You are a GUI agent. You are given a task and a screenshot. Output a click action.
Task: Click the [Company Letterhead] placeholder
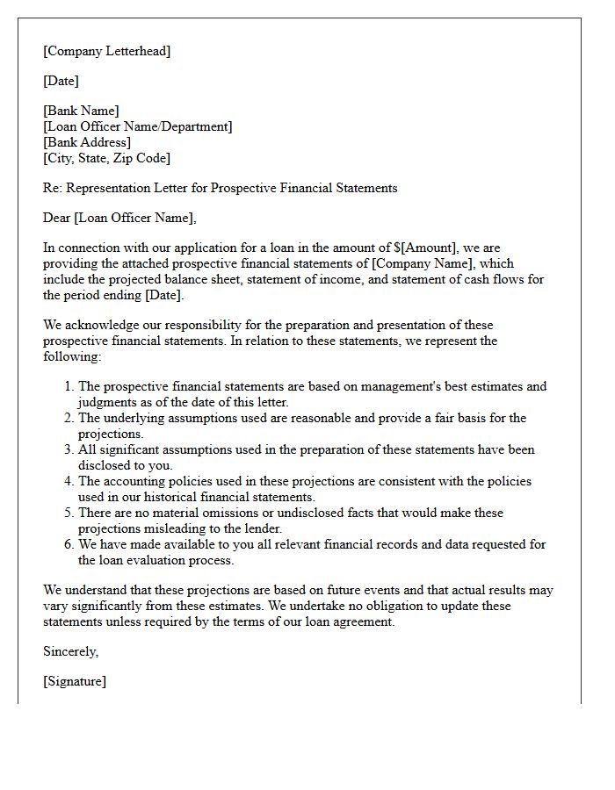106,51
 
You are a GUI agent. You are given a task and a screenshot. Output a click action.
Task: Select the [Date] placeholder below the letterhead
61,81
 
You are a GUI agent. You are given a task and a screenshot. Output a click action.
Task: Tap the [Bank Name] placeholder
81,111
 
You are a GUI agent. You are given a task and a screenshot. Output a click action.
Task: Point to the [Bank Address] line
87,142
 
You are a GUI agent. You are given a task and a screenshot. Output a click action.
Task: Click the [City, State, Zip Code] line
106,158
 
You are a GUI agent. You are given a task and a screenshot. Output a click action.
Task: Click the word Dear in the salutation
56,218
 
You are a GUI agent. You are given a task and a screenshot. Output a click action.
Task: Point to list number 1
69,386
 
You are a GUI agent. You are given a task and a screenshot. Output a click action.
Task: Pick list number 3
69,449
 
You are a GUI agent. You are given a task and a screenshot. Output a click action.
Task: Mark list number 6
69,544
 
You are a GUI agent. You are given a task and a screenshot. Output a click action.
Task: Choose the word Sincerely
70,651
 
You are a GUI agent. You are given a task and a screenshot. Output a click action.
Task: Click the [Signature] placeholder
75,681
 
